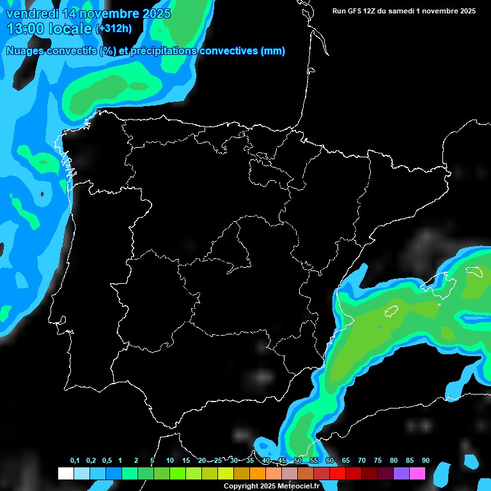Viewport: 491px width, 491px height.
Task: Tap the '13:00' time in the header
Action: pos(27,28)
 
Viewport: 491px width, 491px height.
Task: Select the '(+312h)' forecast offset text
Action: pos(114,29)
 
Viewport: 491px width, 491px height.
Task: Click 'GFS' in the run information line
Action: pos(357,11)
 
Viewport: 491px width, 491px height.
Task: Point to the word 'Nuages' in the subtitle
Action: pos(26,51)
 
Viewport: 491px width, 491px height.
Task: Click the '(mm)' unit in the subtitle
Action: pos(273,51)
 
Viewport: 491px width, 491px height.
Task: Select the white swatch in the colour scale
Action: pos(65,473)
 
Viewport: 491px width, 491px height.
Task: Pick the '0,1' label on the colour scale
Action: pos(75,461)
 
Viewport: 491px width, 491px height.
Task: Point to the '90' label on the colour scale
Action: pos(425,461)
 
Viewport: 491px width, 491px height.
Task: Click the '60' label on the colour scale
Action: pos(329,461)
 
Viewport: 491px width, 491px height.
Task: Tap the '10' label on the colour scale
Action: pos(169,461)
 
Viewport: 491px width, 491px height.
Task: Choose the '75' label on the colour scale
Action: pos(377,461)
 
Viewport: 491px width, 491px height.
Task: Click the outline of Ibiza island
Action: pos(391,311)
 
